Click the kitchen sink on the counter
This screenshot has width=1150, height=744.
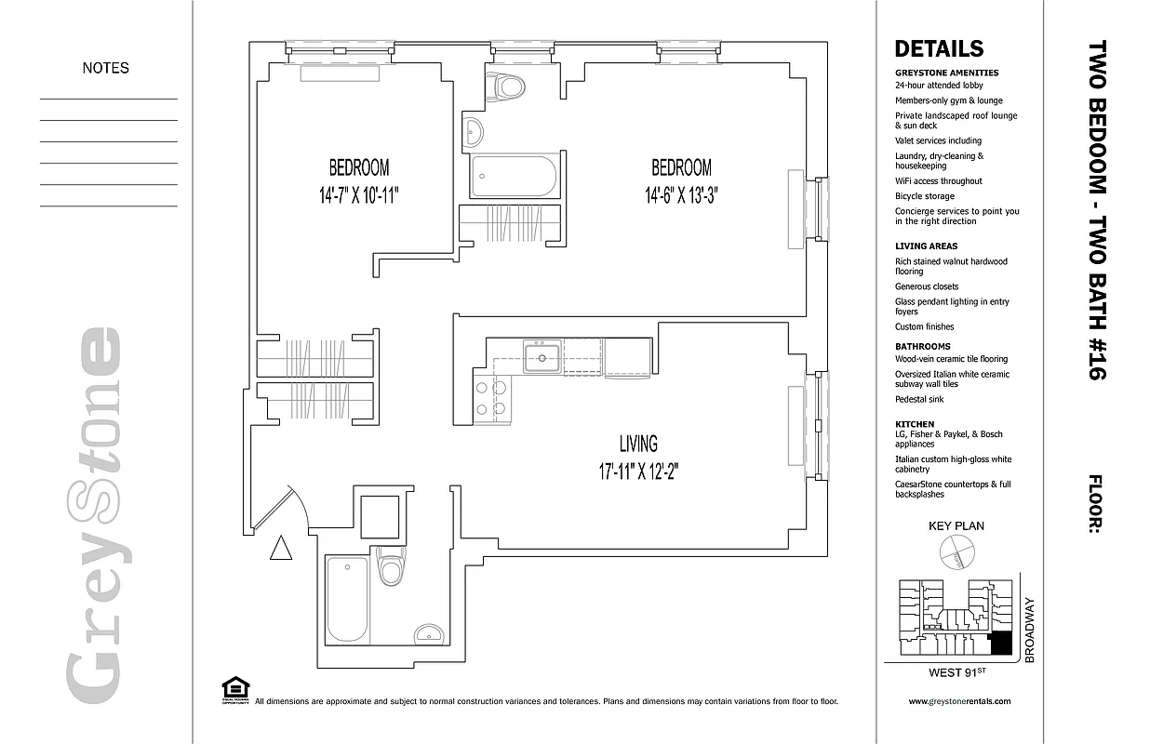541,358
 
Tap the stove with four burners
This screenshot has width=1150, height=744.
491,398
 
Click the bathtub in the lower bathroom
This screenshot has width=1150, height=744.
347,600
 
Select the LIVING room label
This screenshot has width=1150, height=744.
638,444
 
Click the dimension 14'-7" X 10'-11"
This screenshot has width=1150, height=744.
358,196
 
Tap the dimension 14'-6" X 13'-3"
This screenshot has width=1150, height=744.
681,196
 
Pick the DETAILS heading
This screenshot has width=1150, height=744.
938,49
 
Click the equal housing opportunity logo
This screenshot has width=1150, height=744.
235,689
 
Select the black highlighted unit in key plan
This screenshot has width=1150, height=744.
1001,643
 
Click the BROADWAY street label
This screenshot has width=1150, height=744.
1029,630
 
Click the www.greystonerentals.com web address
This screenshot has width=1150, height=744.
958,702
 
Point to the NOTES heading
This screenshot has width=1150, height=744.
106,68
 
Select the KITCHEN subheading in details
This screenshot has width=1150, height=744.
914,424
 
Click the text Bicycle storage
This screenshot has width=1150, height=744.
925,196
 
